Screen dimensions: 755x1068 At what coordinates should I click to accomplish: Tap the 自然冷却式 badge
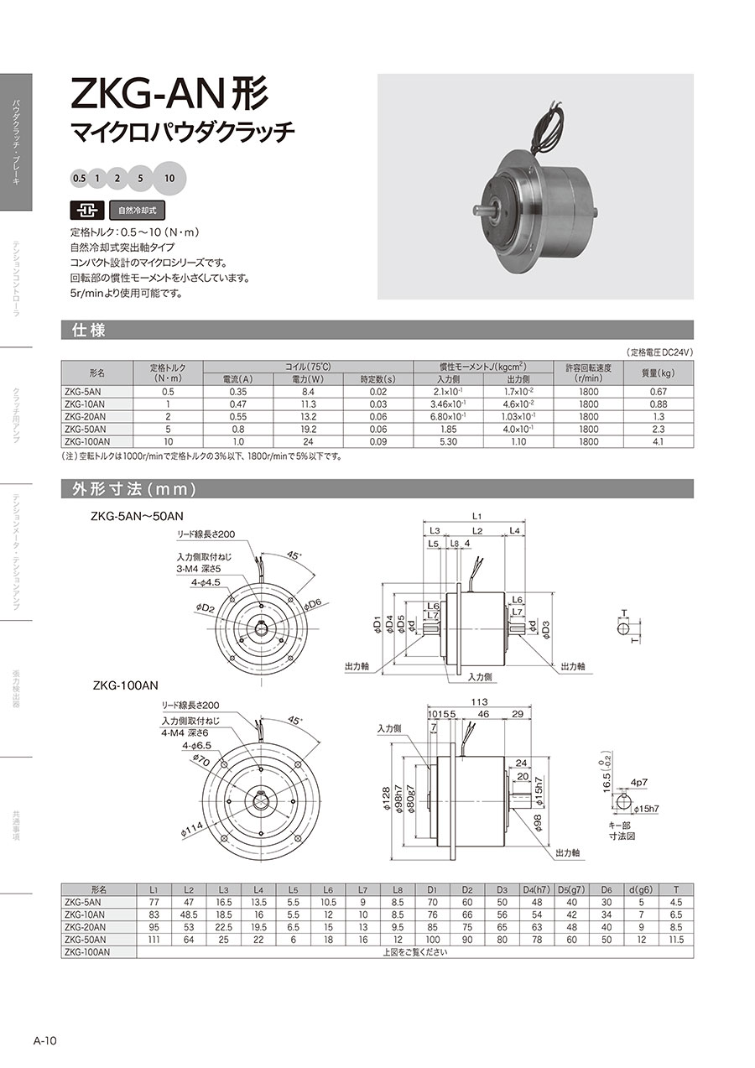coord(138,210)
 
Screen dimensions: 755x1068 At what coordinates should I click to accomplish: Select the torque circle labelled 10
coord(169,179)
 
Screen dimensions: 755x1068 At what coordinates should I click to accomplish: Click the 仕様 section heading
coord(88,330)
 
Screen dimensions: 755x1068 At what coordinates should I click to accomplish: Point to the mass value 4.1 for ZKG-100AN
coord(659,441)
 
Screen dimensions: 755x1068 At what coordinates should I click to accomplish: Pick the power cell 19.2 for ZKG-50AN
coord(308,429)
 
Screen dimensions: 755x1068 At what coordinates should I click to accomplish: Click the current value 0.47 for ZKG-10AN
coord(238,404)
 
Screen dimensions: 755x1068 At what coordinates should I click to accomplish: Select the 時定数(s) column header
coord(378,379)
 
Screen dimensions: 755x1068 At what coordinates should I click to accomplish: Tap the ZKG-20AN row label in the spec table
coord(86,417)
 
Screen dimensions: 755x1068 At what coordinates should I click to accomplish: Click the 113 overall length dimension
coord(479,701)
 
